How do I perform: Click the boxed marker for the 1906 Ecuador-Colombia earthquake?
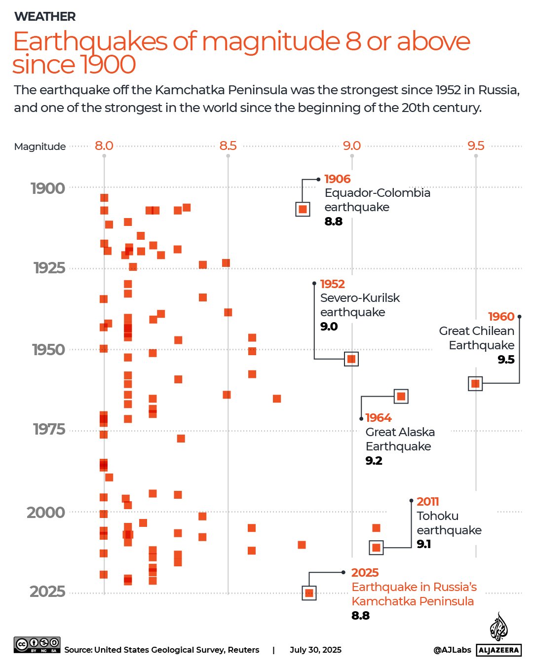(x=303, y=209)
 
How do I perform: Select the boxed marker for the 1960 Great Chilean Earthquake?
(x=475, y=383)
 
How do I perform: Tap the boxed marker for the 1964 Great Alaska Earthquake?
(x=401, y=396)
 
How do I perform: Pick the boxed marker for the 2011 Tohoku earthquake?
(x=376, y=547)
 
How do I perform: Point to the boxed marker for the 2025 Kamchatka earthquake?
(x=309, y=593)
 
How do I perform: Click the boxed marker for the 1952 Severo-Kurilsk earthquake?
(x=351, y=359)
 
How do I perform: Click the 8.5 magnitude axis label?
(x=228, y=146)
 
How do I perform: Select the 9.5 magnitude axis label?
(x=476, y=146)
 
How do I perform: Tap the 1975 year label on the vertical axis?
(x=49, y=429)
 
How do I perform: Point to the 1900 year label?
(x=48, y=188)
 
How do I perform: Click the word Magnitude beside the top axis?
(x=40, y=147)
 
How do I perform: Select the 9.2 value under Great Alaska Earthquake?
(x=374, y=461)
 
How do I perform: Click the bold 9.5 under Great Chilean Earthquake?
(x=506, y=360)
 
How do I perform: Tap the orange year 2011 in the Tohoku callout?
(x=427, y=502)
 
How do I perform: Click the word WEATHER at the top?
(x=45, y=16)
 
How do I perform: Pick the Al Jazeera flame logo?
(x=498, y=627)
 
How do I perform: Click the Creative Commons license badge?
(x=37, y=645)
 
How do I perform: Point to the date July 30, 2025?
(x=315, y=650)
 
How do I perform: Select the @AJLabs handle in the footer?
(x=452, y=650)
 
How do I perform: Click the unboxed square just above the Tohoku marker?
(x=376, y=528)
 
